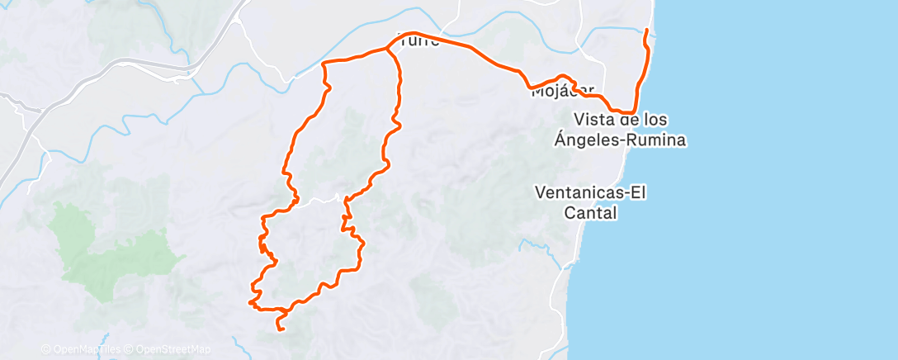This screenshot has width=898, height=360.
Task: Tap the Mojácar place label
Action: click(563, 91)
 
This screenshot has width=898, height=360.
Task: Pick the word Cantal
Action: click(591, 213)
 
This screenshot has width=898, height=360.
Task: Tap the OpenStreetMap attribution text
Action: click(173, 349)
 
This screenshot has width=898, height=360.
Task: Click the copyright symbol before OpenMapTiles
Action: click(45, 349)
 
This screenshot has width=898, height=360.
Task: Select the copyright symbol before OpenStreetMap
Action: click(129, 349)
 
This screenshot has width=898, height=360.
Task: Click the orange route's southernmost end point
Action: click(281, 330)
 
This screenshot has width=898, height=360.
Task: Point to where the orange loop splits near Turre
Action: click(388, 50)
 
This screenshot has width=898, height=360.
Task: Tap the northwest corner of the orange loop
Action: click(323, 63)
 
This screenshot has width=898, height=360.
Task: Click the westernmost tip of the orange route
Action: click(249, 302)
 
